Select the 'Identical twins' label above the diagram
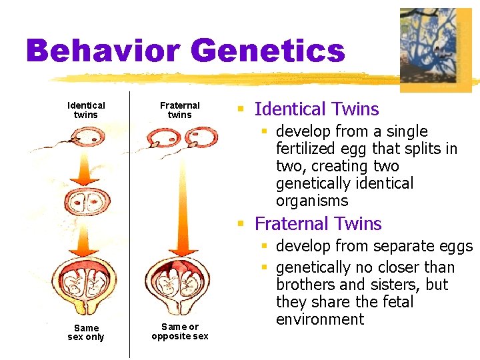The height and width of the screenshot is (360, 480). coord(86,110)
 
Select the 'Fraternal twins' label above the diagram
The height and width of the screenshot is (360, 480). coord(179,110)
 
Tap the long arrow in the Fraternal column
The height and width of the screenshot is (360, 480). coord(180,200)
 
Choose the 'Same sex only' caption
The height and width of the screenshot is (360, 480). coord(86,332)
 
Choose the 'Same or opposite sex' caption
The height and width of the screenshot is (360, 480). coord(180,331)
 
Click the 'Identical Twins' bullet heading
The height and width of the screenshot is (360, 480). coord(316,109)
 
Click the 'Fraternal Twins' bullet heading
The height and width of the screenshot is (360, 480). coord(317,224)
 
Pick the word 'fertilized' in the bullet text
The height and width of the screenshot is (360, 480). coord(307,149)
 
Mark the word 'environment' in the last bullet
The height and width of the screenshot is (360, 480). coord(320,319)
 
